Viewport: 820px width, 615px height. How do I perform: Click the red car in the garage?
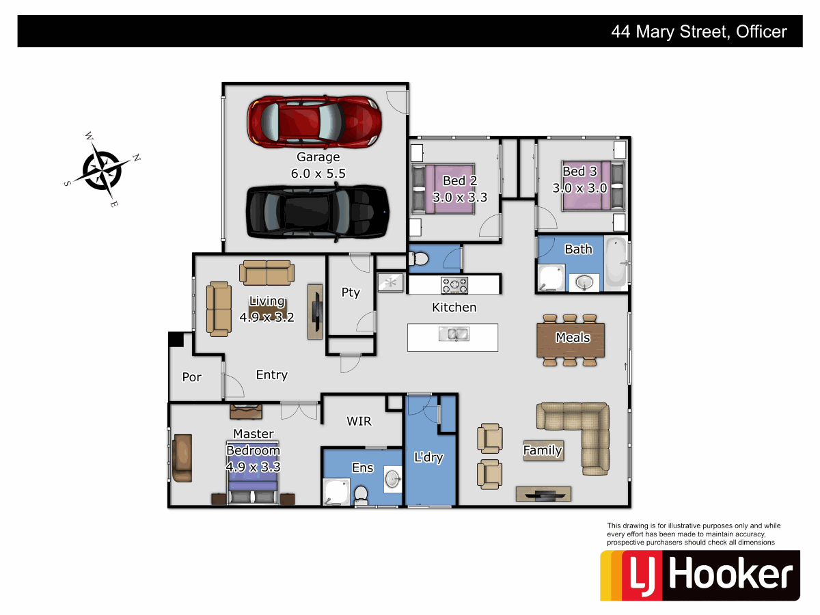[x=314, y=121]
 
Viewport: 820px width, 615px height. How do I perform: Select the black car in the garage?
[x=318, y=213]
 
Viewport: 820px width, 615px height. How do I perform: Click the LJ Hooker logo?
[x=700, y=575]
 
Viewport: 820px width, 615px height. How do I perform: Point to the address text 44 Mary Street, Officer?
[x=698, y=31]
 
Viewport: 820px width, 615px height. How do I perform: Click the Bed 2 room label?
[x=459, y=181]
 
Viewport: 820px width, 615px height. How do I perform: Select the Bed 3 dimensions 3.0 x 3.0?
[x=579, y=189]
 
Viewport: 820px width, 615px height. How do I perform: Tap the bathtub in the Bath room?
[x=616, y=263]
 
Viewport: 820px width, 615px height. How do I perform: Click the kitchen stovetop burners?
[x=454, y=284]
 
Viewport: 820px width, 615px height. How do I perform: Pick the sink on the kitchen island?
[x=453, y=334]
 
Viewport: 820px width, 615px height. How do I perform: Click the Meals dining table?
[x=571, y=339]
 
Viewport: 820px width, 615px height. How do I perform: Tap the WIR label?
[x=359, y=422]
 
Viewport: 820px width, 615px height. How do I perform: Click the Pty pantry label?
[x=351, y=292]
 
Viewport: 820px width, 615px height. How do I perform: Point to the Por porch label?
[x=191, y=377]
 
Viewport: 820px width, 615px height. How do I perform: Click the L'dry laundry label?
[x=428, y=458]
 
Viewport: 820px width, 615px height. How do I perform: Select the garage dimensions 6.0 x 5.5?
[x=318, y=174]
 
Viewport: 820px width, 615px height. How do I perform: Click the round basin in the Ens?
[x=393, y=478]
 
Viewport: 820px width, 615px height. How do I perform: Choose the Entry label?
[x=271, y=375]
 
